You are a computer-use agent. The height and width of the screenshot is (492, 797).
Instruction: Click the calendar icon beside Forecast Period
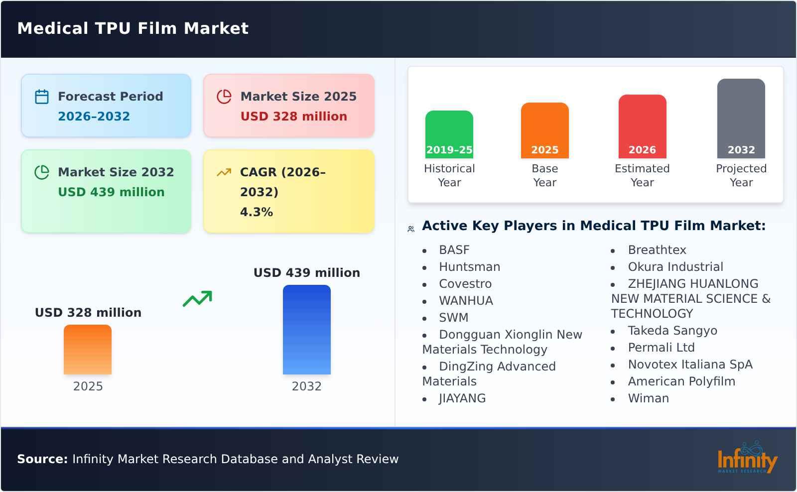[x=42, y=97]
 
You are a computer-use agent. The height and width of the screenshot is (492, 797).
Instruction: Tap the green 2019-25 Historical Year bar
[x=449, y=134]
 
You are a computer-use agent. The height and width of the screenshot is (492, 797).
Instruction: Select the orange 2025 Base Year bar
[x=544, y=130]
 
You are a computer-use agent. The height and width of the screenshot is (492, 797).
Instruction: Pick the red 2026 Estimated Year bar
[x=642, y=126]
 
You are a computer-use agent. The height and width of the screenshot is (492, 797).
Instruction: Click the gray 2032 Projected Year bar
[x=741, y=119]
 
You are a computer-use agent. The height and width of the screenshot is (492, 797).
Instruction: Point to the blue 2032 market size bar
[x=306, y=330]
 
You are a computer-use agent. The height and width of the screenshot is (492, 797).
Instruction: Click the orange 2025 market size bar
[x=88, y=350]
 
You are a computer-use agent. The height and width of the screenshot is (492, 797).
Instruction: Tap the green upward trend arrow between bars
[x=197, y=299]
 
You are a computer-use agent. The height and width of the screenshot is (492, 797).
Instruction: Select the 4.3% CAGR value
[x=257, y=212]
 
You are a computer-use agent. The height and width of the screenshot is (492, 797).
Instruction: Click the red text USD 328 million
[x=294, y=117]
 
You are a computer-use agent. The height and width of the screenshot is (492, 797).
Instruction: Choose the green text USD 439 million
[x=111, y=192]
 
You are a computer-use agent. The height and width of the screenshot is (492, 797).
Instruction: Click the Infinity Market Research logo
[x=747, y=458]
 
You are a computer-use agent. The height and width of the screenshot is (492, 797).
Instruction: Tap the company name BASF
[x=454, y=250]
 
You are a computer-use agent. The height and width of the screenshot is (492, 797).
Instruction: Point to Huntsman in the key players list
[x=469, y=267]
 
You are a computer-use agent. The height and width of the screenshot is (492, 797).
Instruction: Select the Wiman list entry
[x=648, y=398]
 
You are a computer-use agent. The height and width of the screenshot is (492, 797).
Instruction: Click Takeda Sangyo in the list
[x=672, y=331]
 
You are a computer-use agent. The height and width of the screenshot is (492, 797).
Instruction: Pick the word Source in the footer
[x=42, y=459]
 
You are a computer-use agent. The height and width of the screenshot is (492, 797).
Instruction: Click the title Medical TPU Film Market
[x=133, y=28]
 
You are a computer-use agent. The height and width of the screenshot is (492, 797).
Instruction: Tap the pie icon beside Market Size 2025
[x=224, y=97]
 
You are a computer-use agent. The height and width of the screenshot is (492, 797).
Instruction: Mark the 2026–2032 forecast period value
[x=94, y=117]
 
